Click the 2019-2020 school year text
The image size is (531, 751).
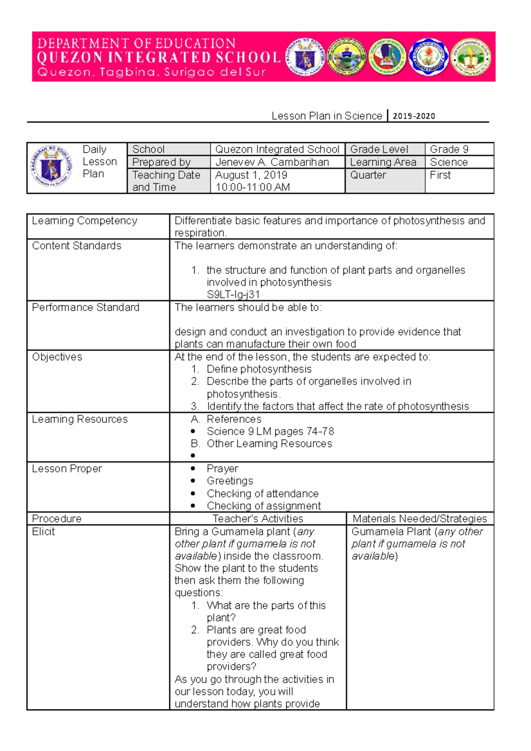(x=414, y=116)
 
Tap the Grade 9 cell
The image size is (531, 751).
(x=449, y=149)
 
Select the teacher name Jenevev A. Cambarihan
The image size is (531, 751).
(x=272, y=162)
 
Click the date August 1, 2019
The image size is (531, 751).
(x=251, y=175)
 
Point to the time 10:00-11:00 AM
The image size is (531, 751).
(x=252, y=188)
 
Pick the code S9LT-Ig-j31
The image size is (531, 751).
(x=233, y=295)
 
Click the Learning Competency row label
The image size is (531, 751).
(x=85, y=221)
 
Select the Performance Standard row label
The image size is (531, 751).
(x=85, y=307)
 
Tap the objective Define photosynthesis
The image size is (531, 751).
(x=259, y=369)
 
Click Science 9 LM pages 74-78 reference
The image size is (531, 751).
(x=270, y=431)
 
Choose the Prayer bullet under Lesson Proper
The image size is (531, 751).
(x=222, y=469)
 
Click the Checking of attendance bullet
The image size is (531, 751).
(x=262, y=494)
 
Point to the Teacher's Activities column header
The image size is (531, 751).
(x=258, y=519)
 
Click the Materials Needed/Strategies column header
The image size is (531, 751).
(x=419, y=519)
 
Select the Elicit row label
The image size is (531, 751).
(x=43, y=532)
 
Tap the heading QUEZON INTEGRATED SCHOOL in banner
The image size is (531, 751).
(x=158, y=57)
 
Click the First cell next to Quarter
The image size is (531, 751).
(x=440, y=175)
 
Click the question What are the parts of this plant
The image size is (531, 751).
(x=265, y=611)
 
